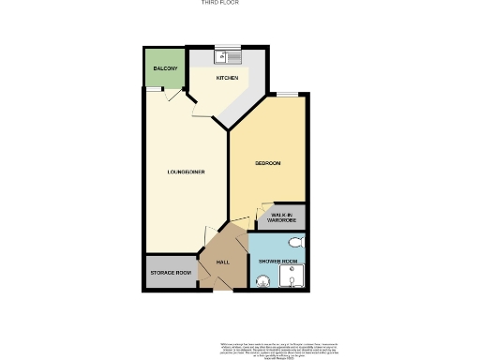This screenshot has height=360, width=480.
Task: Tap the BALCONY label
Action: (166, 68)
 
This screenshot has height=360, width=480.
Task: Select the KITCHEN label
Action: (228, 78)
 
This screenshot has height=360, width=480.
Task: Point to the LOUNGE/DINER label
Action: (186, 172)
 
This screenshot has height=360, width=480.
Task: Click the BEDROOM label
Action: (268, 163)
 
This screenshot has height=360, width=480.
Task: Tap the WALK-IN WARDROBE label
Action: (283, 217)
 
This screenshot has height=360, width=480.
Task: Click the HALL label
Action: (223, 262)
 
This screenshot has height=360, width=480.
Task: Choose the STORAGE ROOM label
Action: (171, 273)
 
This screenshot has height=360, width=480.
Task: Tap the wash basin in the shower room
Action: (262, 278)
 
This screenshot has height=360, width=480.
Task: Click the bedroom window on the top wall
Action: (282, 95)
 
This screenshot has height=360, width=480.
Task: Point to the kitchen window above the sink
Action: (228, 46)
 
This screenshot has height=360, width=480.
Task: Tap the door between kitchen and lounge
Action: (196, 109)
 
